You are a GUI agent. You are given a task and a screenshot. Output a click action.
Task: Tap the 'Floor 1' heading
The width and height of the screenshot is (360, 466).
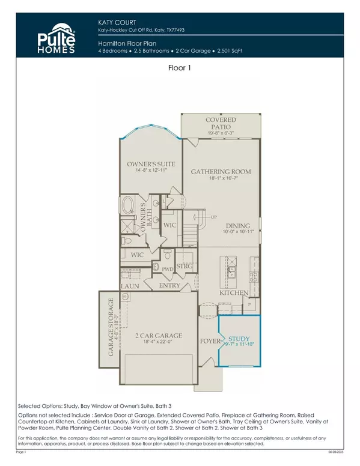coord(180,69)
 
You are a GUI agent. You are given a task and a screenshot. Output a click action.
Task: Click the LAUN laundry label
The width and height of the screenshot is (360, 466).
coord(130,287)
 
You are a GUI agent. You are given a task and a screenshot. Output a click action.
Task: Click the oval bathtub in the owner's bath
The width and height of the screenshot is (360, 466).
coord(129,207)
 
